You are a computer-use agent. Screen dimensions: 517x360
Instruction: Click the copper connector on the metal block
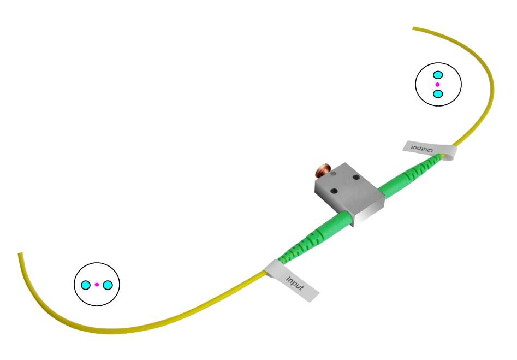(322, 170)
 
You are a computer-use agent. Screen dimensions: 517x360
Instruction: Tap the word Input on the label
(294, 284)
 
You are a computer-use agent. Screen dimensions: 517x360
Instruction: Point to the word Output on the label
(421, 148)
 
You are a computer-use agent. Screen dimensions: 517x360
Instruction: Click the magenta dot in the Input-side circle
(97, 285)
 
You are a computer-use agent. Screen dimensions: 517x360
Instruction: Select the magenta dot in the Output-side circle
(437, 85)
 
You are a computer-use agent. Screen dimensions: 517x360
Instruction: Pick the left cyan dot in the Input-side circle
(86, 285)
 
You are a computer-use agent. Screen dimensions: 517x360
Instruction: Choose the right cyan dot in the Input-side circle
(108, 285)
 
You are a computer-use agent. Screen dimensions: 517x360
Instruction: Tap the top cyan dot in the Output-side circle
(437, 75)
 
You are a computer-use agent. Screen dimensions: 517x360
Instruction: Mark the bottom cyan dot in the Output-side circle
(437, 94)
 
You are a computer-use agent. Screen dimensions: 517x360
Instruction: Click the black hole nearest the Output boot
(356, 177)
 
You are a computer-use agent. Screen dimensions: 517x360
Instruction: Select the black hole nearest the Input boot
(334, 191)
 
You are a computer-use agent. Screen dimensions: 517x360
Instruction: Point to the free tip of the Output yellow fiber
(413, 28)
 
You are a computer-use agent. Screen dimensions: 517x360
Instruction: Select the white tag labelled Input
(291, 280)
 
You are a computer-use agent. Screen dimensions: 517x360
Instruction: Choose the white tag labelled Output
(430, 151)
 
